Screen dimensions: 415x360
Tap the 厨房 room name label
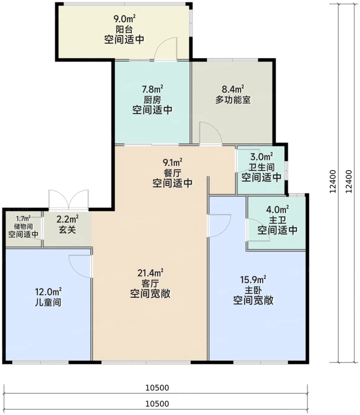152,100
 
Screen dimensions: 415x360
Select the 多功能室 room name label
233,100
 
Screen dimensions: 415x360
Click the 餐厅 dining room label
173,173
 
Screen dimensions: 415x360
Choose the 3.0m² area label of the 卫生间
261,157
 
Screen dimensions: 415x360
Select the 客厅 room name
151,283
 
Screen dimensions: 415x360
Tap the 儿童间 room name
47,302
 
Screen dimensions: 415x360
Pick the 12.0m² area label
47,291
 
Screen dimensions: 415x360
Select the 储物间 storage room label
23,226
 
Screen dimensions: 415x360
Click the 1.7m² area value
23,218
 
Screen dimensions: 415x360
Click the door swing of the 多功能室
211,133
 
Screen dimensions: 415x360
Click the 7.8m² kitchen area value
153,89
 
